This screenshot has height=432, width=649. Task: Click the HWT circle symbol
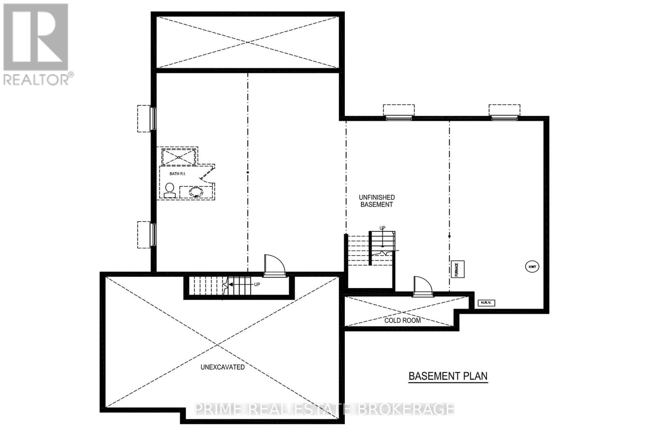532,267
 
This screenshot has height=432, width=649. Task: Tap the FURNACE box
457,269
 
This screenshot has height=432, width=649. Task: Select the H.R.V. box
486,303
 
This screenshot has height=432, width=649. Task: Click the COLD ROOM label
402,320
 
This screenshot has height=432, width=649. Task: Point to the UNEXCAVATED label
223,367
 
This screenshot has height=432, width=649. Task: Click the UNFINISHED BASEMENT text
377,201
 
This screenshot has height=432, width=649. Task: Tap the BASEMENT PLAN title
448,376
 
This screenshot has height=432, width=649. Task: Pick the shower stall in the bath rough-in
178,156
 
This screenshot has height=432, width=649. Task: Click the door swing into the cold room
422,286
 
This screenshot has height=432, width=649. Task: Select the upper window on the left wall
153,118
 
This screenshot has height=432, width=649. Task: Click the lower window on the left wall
153,234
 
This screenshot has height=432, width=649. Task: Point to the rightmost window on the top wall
504,117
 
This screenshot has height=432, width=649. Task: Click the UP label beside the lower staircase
257,284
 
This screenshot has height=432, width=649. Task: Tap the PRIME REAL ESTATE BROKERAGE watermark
324,409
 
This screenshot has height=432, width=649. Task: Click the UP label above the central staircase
382,228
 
